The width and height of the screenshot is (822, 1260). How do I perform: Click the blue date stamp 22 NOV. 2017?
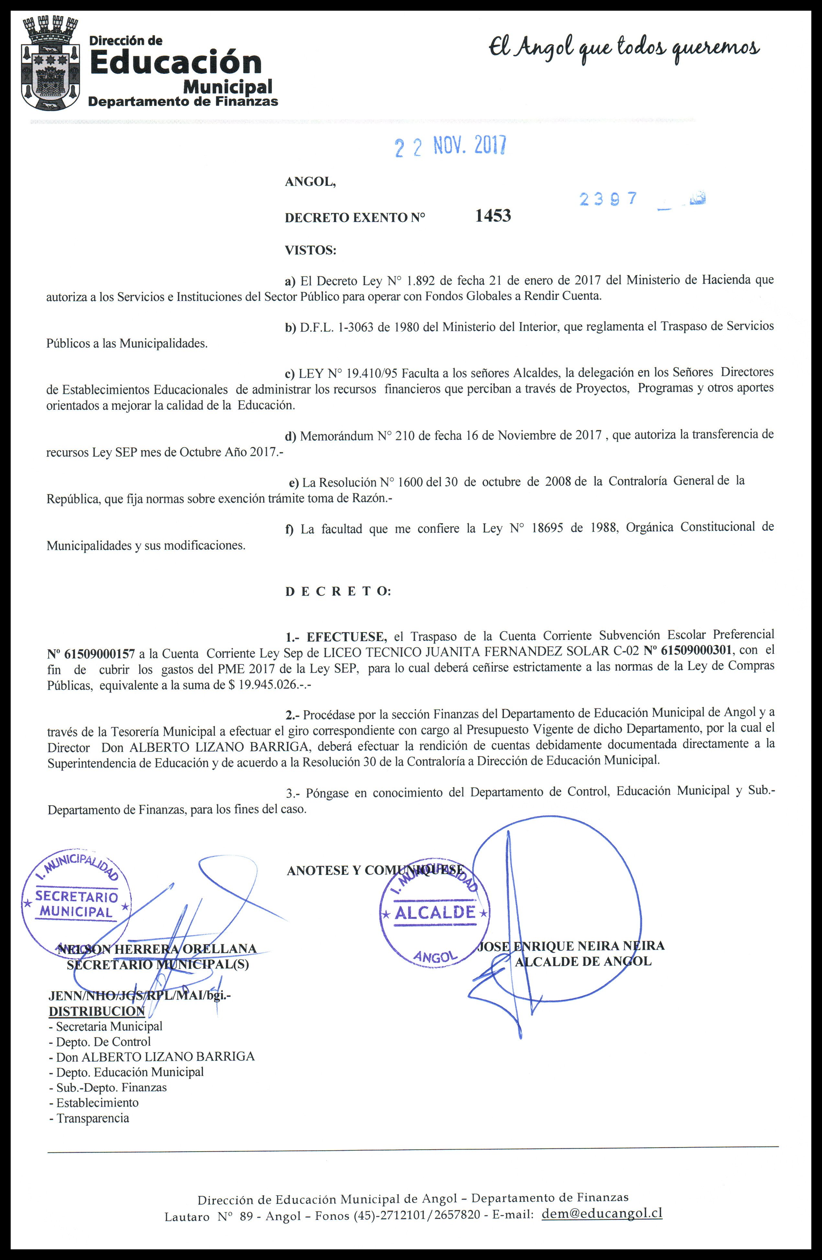(450, 146)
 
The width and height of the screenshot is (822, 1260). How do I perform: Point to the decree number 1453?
(493, 216)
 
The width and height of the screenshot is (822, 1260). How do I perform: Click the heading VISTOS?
(311, 250)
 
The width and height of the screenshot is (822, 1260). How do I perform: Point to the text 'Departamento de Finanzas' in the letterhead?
(183, 101)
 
